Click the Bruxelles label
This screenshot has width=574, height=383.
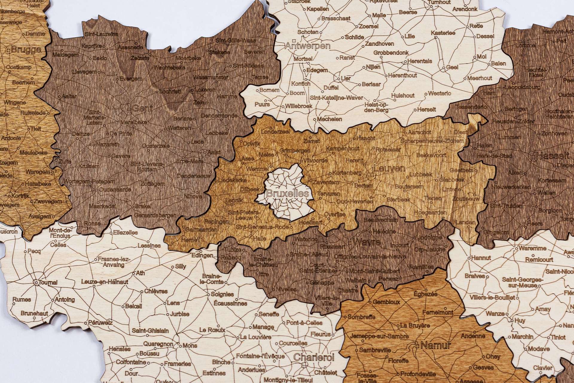(287, 194)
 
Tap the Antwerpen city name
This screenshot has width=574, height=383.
(308, 46)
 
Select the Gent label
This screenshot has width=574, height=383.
(142, 108)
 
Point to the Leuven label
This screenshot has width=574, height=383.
(390, 168)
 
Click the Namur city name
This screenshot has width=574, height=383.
(435, 346)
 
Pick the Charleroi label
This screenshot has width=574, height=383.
(314, 357)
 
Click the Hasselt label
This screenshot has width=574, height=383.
(552, 156)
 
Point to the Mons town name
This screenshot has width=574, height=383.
(190, 346)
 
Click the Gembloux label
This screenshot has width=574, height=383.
(386, 302)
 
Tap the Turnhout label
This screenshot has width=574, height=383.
(439, 2)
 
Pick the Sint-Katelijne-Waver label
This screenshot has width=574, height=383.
(336, 98)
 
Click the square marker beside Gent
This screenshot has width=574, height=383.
(129, 108)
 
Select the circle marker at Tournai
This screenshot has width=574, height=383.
(36, 282)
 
